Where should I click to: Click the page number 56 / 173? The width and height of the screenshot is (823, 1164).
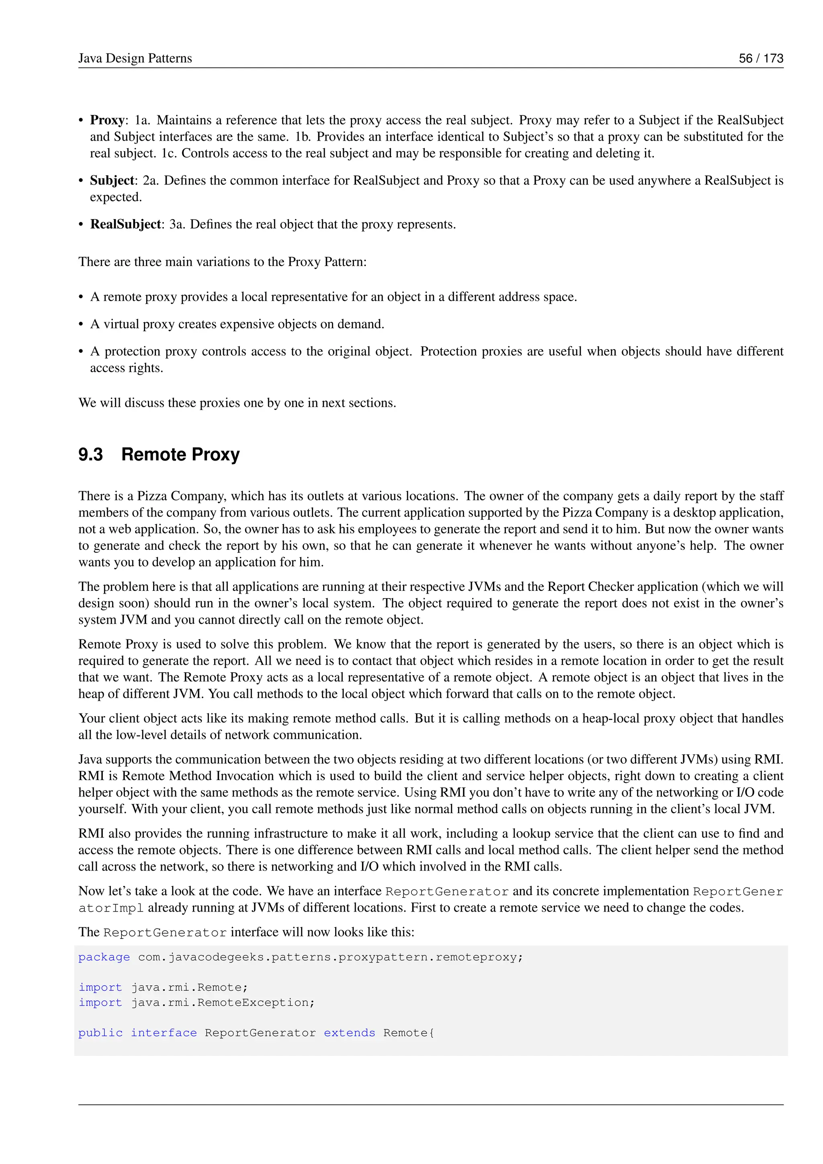(x=761, y=58)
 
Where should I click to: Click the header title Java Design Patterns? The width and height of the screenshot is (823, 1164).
(x=135, y=58)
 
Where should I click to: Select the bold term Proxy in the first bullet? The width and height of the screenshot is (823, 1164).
(x=107, y=120)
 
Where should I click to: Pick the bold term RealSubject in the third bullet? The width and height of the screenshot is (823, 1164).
(x=125, y=224)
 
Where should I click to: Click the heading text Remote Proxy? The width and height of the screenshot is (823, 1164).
(x=180, y=454)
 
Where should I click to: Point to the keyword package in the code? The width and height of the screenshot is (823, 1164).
(x=104, y=957)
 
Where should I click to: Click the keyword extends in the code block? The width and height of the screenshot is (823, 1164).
(x=349, y=1033)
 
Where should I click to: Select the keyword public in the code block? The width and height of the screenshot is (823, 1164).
(x=100, y=1033)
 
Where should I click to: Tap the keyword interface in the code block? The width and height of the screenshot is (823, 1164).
(x=164, y=1033)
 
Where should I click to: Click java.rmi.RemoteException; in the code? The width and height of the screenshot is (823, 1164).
(x=223, y=1002)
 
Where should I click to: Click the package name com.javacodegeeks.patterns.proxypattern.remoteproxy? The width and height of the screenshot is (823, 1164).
(x=330, y=957)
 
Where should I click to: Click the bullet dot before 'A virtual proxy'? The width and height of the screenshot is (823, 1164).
(x=81, y=324)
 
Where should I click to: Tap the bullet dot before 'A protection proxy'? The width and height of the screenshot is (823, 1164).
(x=81, y=352)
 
